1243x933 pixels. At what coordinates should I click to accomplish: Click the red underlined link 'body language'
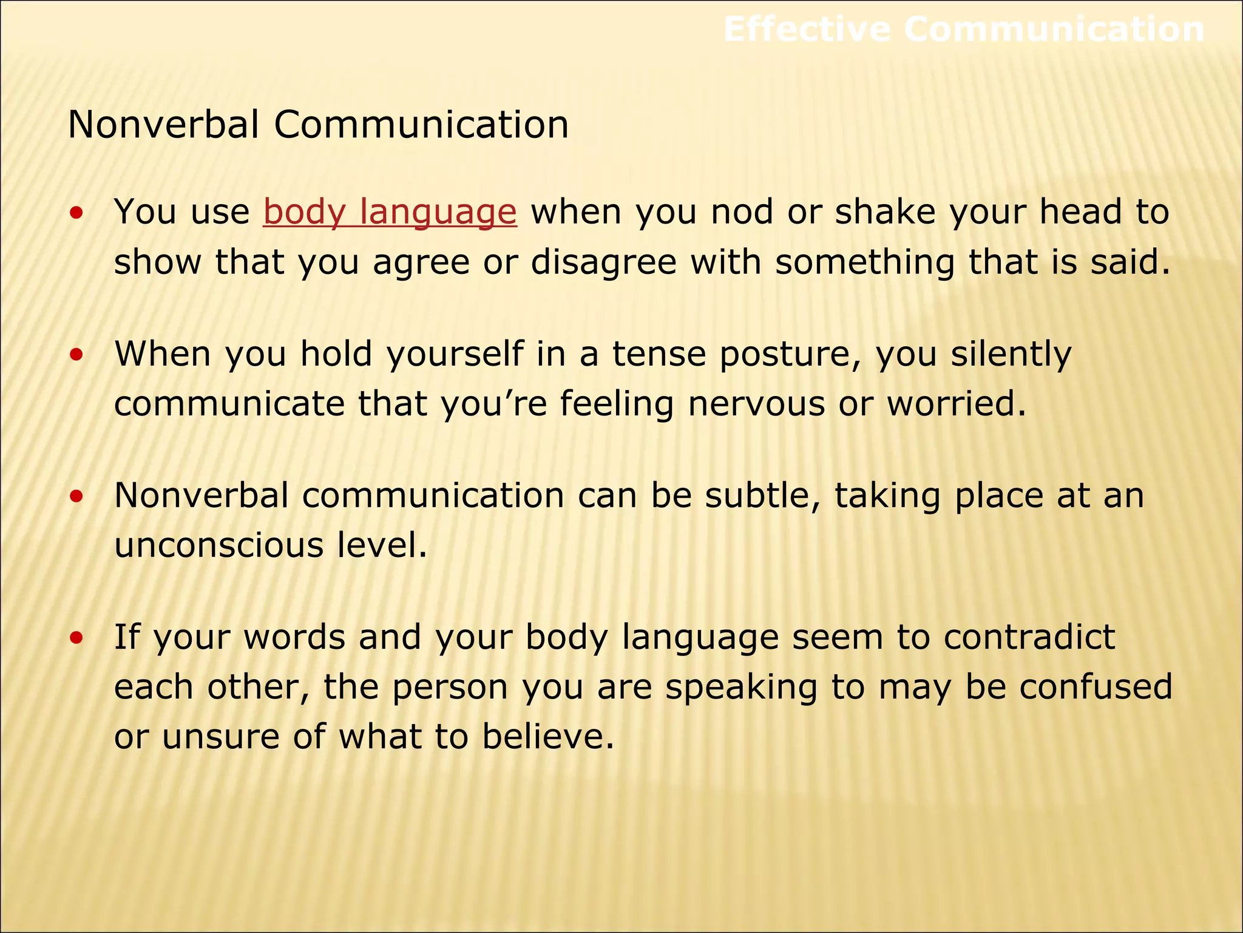(x=390, y=213)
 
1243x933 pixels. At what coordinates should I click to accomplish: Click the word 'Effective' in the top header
(x=807, y=29)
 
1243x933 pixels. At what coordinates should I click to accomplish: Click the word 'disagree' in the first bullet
(x=603, y=262)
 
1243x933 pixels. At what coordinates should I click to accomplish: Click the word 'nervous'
(x=756, y=404)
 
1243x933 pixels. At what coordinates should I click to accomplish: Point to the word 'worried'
(x=956, y=404)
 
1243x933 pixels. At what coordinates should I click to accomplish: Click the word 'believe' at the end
(x=548, y=737)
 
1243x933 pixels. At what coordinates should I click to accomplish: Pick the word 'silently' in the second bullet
(x=1011, y=355)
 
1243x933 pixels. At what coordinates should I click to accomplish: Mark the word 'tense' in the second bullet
(x=659, y=355)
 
